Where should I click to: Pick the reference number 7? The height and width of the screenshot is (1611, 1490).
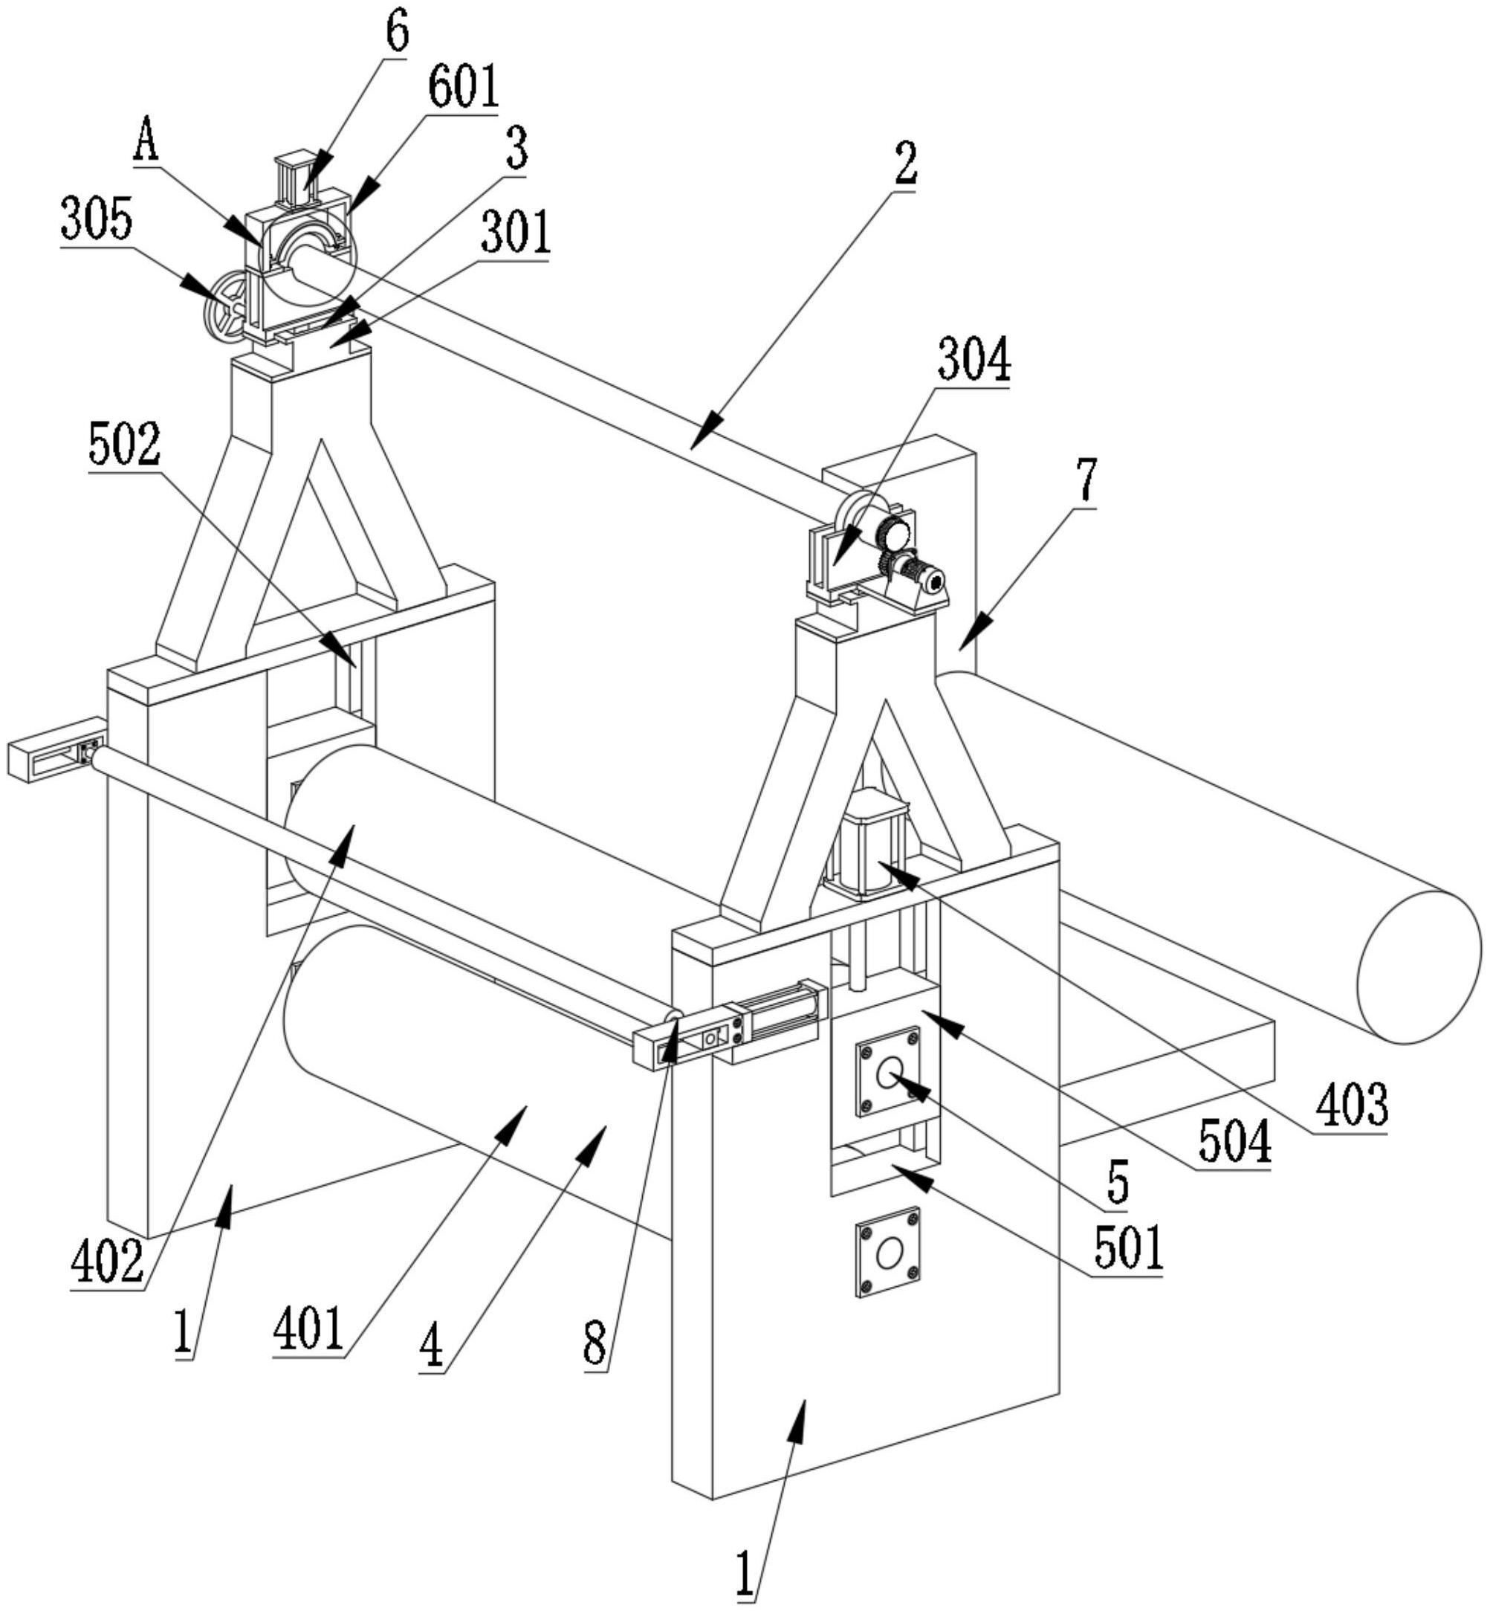1087,480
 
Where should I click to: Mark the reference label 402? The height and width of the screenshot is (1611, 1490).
107,1263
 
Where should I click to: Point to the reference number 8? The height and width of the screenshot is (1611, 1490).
595,1345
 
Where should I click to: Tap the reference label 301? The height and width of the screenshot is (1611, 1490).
516,233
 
